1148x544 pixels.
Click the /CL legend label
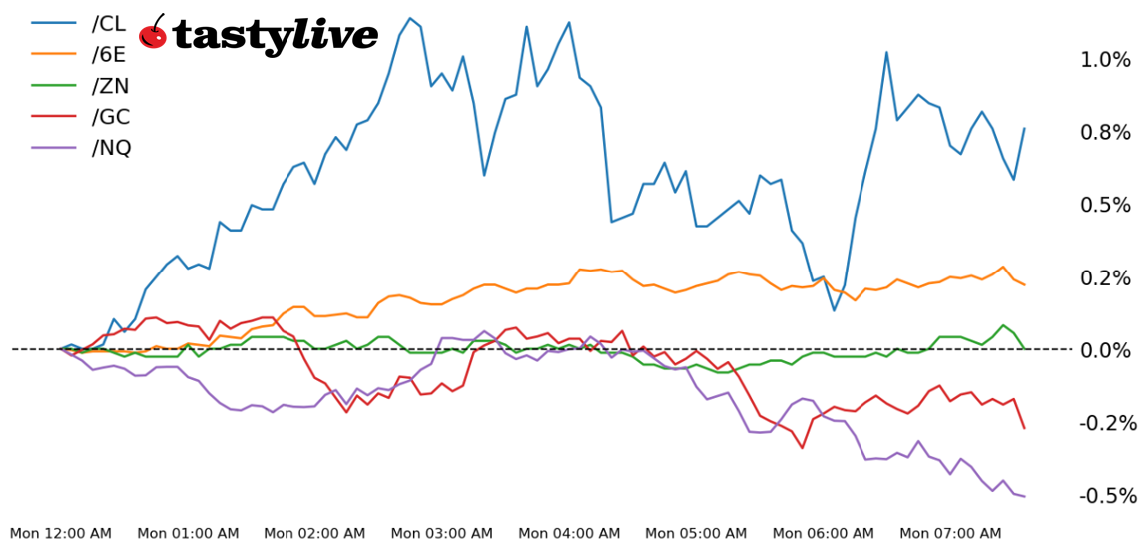(110, 22)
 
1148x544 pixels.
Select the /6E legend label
(110, 54)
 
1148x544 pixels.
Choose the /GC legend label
(111, 117)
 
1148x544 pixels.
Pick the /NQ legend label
(112, 148)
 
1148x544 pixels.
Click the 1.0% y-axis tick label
(1105, 60)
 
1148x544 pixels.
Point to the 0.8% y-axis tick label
(1105, 133)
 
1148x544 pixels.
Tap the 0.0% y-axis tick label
(1105, 350)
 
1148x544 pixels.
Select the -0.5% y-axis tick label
(1105, 496)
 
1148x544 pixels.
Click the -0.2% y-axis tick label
(1105, 423)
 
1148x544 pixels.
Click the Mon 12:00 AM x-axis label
(61, 534)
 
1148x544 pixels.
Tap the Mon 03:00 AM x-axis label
(442, 534)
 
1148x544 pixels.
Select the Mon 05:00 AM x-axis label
(697, 534)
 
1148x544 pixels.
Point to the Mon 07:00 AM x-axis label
(950, 534)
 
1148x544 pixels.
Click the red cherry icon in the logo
(153, 33)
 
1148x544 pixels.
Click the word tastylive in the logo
(276, 36)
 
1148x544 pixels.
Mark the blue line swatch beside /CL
(55, 22)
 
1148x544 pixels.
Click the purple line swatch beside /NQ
(55, 148)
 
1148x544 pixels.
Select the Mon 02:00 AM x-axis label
(315, 534)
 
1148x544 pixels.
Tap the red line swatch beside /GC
(55, 117)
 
